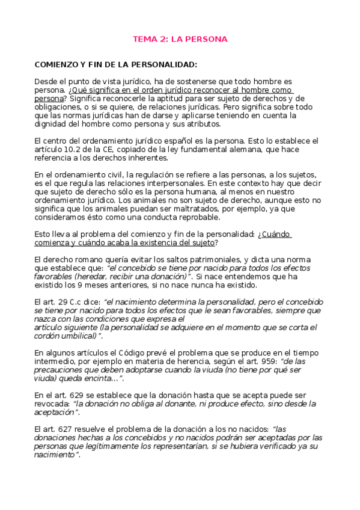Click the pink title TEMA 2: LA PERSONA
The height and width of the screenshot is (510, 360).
180,40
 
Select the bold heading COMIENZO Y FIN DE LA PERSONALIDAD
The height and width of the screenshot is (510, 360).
116,64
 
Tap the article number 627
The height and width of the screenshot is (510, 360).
63,429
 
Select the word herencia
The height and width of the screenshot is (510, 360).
206,361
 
